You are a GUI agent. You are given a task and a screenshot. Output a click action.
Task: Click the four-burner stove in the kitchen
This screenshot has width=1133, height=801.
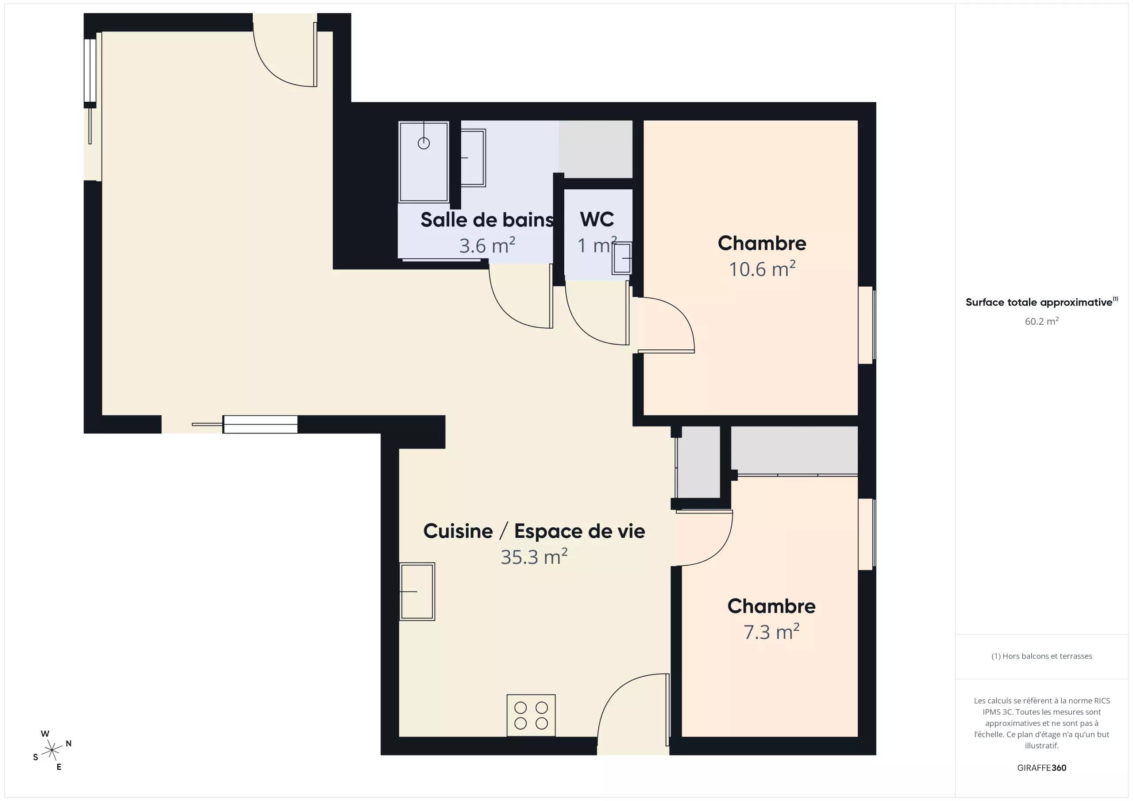point(531,715)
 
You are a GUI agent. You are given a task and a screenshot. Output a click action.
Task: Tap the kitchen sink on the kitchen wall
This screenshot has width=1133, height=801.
point(417,591)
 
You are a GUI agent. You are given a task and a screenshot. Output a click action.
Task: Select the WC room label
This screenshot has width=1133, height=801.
point(597,219)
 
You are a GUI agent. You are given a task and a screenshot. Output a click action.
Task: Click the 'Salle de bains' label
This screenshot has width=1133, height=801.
point(486,219)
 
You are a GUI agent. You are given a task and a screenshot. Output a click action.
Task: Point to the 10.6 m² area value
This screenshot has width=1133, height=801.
point(762,268)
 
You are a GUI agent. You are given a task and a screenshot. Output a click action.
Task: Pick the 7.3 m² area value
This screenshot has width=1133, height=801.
point(771,631)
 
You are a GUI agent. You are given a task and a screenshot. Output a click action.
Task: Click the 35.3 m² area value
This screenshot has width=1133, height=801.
point(534,556)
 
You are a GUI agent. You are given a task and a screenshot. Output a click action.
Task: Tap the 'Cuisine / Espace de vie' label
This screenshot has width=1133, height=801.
point(534,531)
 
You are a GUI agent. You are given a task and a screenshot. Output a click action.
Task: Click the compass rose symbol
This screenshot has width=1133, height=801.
point(52,750)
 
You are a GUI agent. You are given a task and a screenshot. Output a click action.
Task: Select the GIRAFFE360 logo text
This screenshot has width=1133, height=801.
point(1042,767)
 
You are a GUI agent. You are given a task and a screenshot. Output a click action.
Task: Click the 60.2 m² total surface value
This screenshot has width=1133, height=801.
point(1042,321)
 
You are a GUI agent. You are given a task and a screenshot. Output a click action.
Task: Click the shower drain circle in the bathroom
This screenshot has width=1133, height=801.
point(424,143)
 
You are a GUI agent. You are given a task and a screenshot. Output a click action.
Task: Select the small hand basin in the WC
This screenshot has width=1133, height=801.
point(622,258)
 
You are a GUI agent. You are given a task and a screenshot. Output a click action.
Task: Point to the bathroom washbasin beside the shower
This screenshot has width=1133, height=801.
point(473,158)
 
